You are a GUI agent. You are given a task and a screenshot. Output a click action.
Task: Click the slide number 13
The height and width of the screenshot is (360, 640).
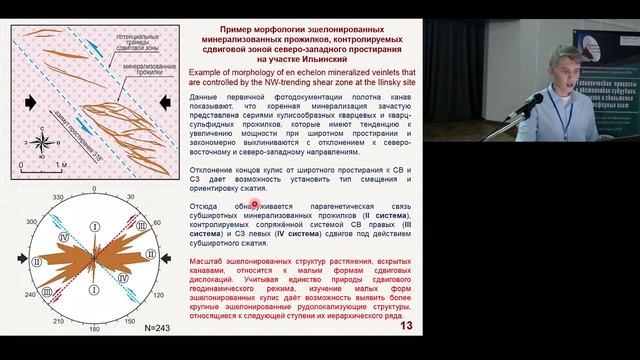(406, 326)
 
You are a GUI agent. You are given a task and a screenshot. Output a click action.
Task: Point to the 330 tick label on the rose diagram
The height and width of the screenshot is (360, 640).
(57, 198)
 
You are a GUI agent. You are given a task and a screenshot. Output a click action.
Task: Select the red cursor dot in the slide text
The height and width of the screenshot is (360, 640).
(254, 205)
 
